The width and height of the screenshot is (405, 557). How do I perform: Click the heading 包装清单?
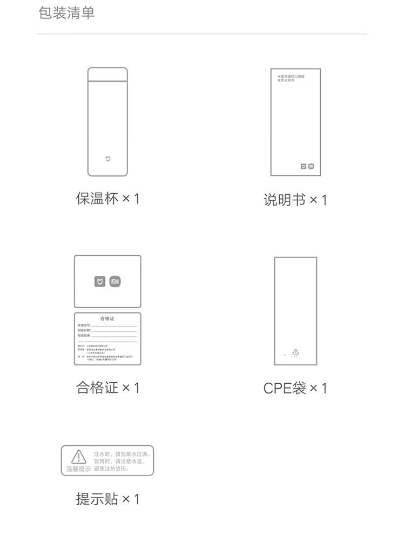coord(67,12)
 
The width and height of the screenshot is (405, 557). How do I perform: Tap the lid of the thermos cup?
coord(108,74)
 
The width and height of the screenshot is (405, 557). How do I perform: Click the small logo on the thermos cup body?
coord(107,159)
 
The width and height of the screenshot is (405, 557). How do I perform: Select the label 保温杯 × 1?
coord(107,198)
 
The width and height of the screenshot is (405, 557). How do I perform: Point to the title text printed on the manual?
coord(287,79)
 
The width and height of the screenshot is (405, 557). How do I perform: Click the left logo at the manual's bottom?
coord(303,166)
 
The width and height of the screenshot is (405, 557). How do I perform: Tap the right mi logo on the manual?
coord(312,166)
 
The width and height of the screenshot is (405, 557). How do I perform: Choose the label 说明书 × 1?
coord(295,200)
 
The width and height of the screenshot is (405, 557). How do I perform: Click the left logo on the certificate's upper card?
coord(100,282)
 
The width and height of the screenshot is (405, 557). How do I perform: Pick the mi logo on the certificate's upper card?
coord(115,282)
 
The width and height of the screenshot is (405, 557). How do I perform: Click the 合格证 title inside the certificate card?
coord(107,318)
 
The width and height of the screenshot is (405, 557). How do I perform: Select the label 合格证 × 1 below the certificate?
coord(107,388)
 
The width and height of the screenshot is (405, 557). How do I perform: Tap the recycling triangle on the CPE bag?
coord(295,352)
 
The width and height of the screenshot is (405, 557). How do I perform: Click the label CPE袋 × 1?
coord(295,388)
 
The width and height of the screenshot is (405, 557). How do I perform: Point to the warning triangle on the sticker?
coord(79,457)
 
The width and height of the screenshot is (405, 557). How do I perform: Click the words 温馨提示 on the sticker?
coord(78,469)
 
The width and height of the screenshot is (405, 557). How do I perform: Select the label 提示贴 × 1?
coord(107,499)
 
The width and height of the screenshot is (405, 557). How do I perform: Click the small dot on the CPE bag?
coord(285,355)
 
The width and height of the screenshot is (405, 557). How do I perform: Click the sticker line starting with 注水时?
coord(122,454)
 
